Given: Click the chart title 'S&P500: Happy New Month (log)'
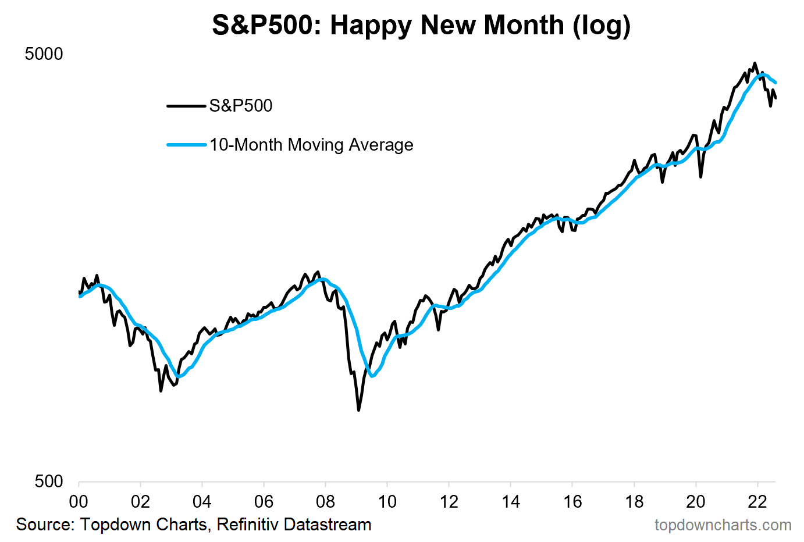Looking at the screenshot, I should click(421, 26).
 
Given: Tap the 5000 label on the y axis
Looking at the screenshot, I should click(44, 54).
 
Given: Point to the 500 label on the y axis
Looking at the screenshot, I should click(49, 482).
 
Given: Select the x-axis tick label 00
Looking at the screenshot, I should click(79, 502).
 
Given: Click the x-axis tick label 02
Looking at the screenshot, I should click(140, 502).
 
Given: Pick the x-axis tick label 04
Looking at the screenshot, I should click(202, 502).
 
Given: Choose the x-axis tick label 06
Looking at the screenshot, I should click(264, 502).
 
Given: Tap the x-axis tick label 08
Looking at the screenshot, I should click(325, 502).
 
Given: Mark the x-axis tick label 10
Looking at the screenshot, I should click(387, 502).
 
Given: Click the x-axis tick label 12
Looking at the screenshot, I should click(449, 502).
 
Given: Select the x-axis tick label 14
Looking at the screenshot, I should click(510, 502).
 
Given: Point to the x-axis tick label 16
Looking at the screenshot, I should click(572, 502).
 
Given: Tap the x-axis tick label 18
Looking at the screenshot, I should click(634, 502).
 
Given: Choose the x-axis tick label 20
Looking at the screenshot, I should click(696, 502).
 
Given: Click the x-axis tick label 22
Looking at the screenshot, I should click(757, 502).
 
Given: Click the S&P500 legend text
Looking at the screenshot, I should click(241, 106).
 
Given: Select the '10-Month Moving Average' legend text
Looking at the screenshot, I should click(311, 145).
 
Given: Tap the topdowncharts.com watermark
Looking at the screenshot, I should click(723, 525).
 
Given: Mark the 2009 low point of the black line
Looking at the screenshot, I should click(358, 410).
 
